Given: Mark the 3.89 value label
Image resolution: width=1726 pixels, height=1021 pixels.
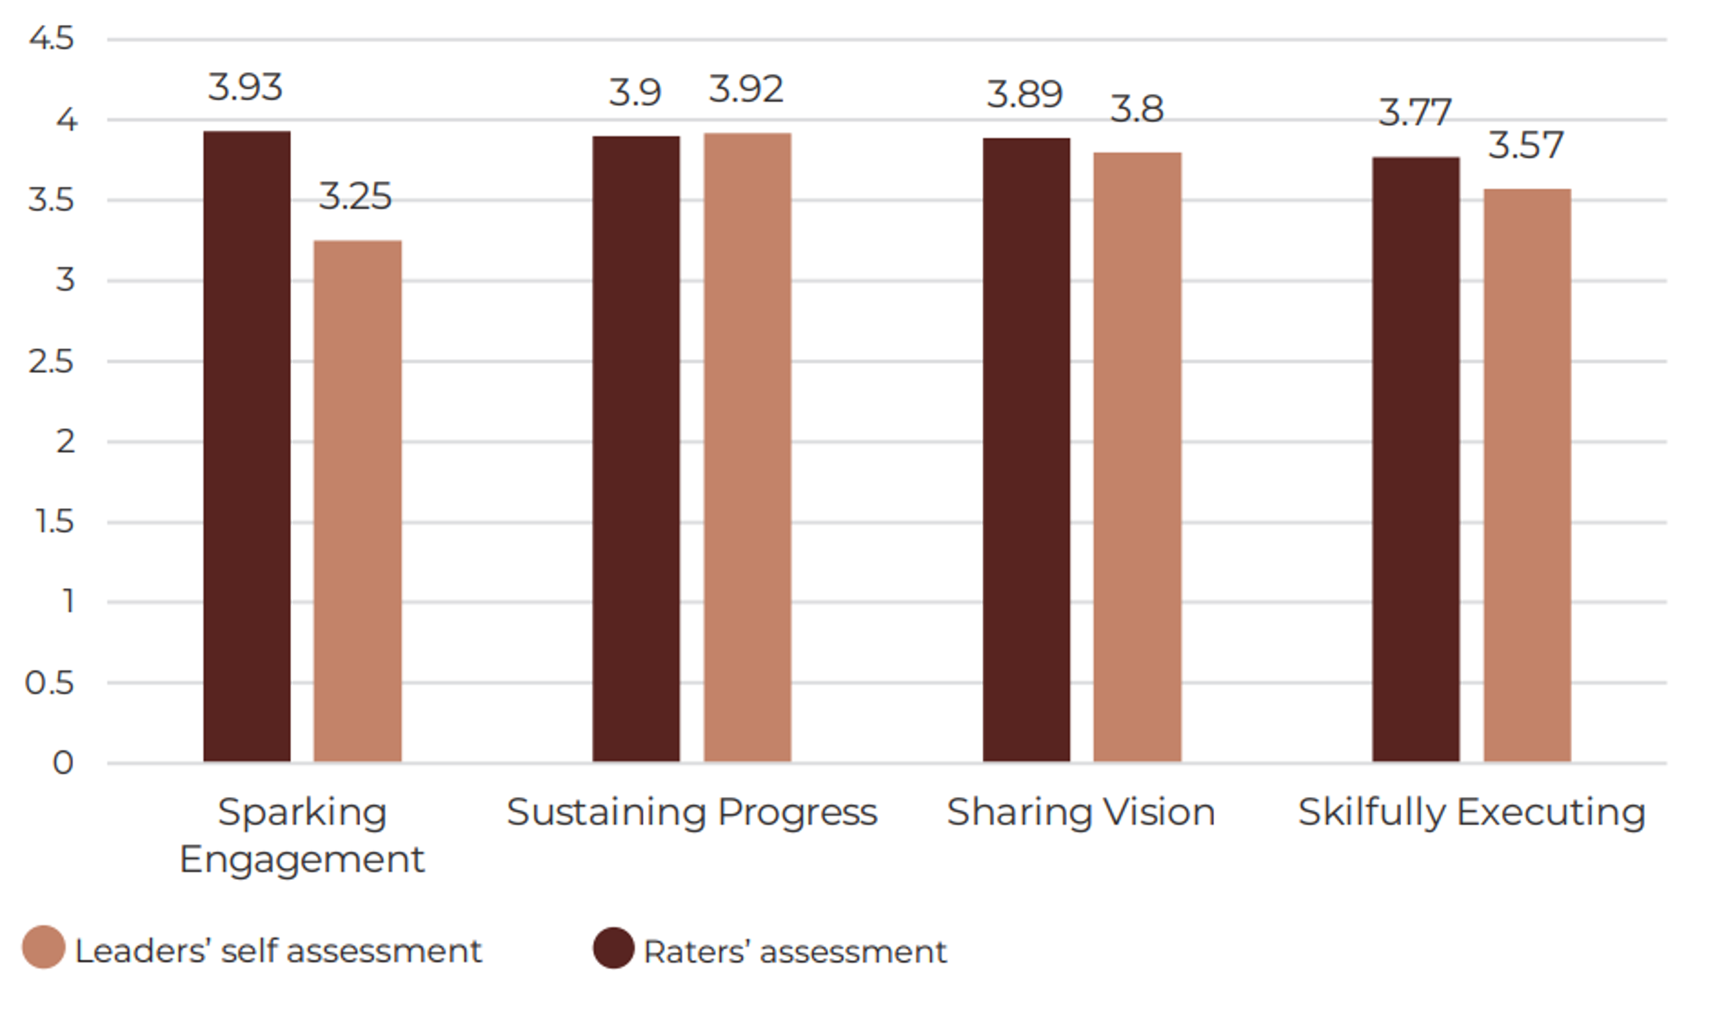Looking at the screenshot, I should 1024,94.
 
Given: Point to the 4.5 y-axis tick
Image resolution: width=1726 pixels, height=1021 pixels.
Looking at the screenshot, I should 51,39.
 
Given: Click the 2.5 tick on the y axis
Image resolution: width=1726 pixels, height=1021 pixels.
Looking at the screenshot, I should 51,361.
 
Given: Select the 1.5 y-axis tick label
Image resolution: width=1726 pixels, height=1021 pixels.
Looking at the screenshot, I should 54,522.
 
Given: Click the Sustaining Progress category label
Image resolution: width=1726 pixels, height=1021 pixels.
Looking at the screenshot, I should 691,813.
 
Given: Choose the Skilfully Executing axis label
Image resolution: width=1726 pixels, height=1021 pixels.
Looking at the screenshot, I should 1471,813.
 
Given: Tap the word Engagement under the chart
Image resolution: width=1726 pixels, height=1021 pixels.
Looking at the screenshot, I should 301,860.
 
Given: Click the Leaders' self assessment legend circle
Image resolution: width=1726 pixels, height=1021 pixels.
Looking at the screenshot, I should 43,948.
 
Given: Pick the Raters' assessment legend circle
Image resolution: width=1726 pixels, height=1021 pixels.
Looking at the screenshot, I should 613,948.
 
